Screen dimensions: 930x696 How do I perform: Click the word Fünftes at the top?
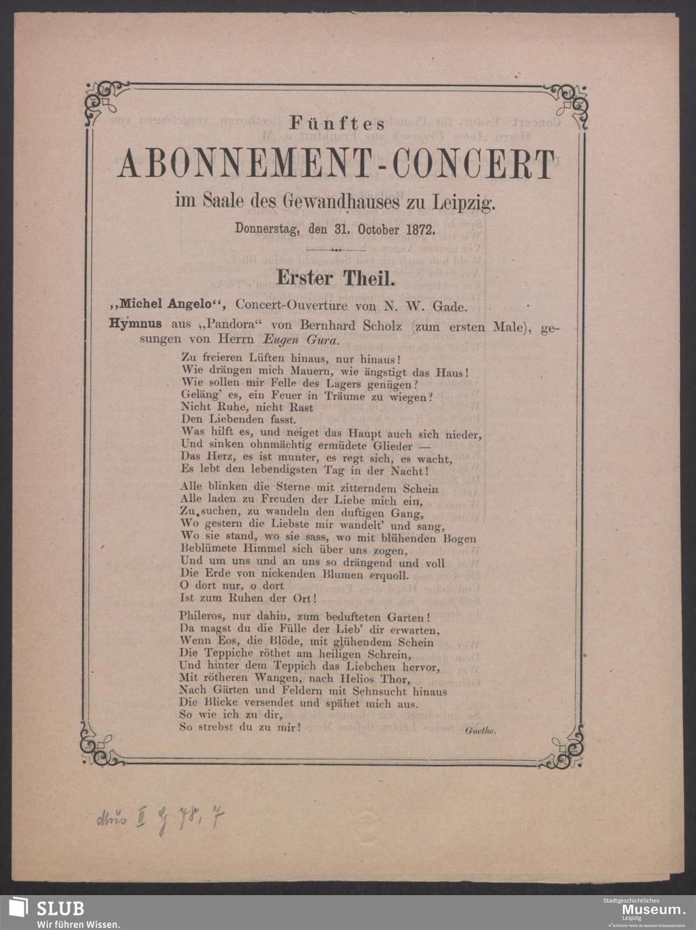(x=337, y=125)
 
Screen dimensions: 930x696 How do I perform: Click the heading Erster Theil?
(x=336, y=278)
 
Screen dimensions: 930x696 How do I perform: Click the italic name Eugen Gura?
(x=301, y=340)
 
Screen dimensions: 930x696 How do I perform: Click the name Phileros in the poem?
(x=200, y=617)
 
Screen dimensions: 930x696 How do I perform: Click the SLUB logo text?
(x=60, y=908)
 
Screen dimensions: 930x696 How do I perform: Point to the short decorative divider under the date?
(x=336, y=249)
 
